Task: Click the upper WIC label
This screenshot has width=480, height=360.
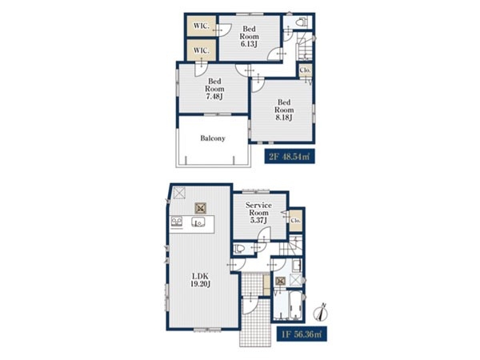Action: [201, 26]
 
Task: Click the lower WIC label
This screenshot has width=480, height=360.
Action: [201, 50]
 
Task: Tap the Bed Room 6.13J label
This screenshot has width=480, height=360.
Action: [249, 37]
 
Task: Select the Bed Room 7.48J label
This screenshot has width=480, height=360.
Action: [214, 89]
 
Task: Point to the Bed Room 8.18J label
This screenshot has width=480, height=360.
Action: [284, 110]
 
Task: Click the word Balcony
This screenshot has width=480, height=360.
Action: [213, 138]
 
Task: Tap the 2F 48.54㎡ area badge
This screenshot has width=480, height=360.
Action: [290, 157]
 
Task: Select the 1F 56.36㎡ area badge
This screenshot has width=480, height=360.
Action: [302, 334]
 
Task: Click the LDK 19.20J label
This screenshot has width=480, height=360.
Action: [200, 280]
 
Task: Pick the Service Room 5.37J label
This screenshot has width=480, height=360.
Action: [258, 213]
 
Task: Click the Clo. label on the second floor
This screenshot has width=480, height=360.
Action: [306, 70]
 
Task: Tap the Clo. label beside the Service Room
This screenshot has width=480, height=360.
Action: [296, 221]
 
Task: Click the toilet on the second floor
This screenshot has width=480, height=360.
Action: [302, 22]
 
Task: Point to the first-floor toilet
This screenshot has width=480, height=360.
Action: [240, 248]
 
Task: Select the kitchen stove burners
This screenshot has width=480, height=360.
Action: [177, 222]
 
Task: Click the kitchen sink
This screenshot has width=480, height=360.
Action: [198, 222]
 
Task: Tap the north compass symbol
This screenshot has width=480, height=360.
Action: [321, 312]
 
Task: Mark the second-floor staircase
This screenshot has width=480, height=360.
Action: [304, 46]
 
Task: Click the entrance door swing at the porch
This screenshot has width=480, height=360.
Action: [250, 306]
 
